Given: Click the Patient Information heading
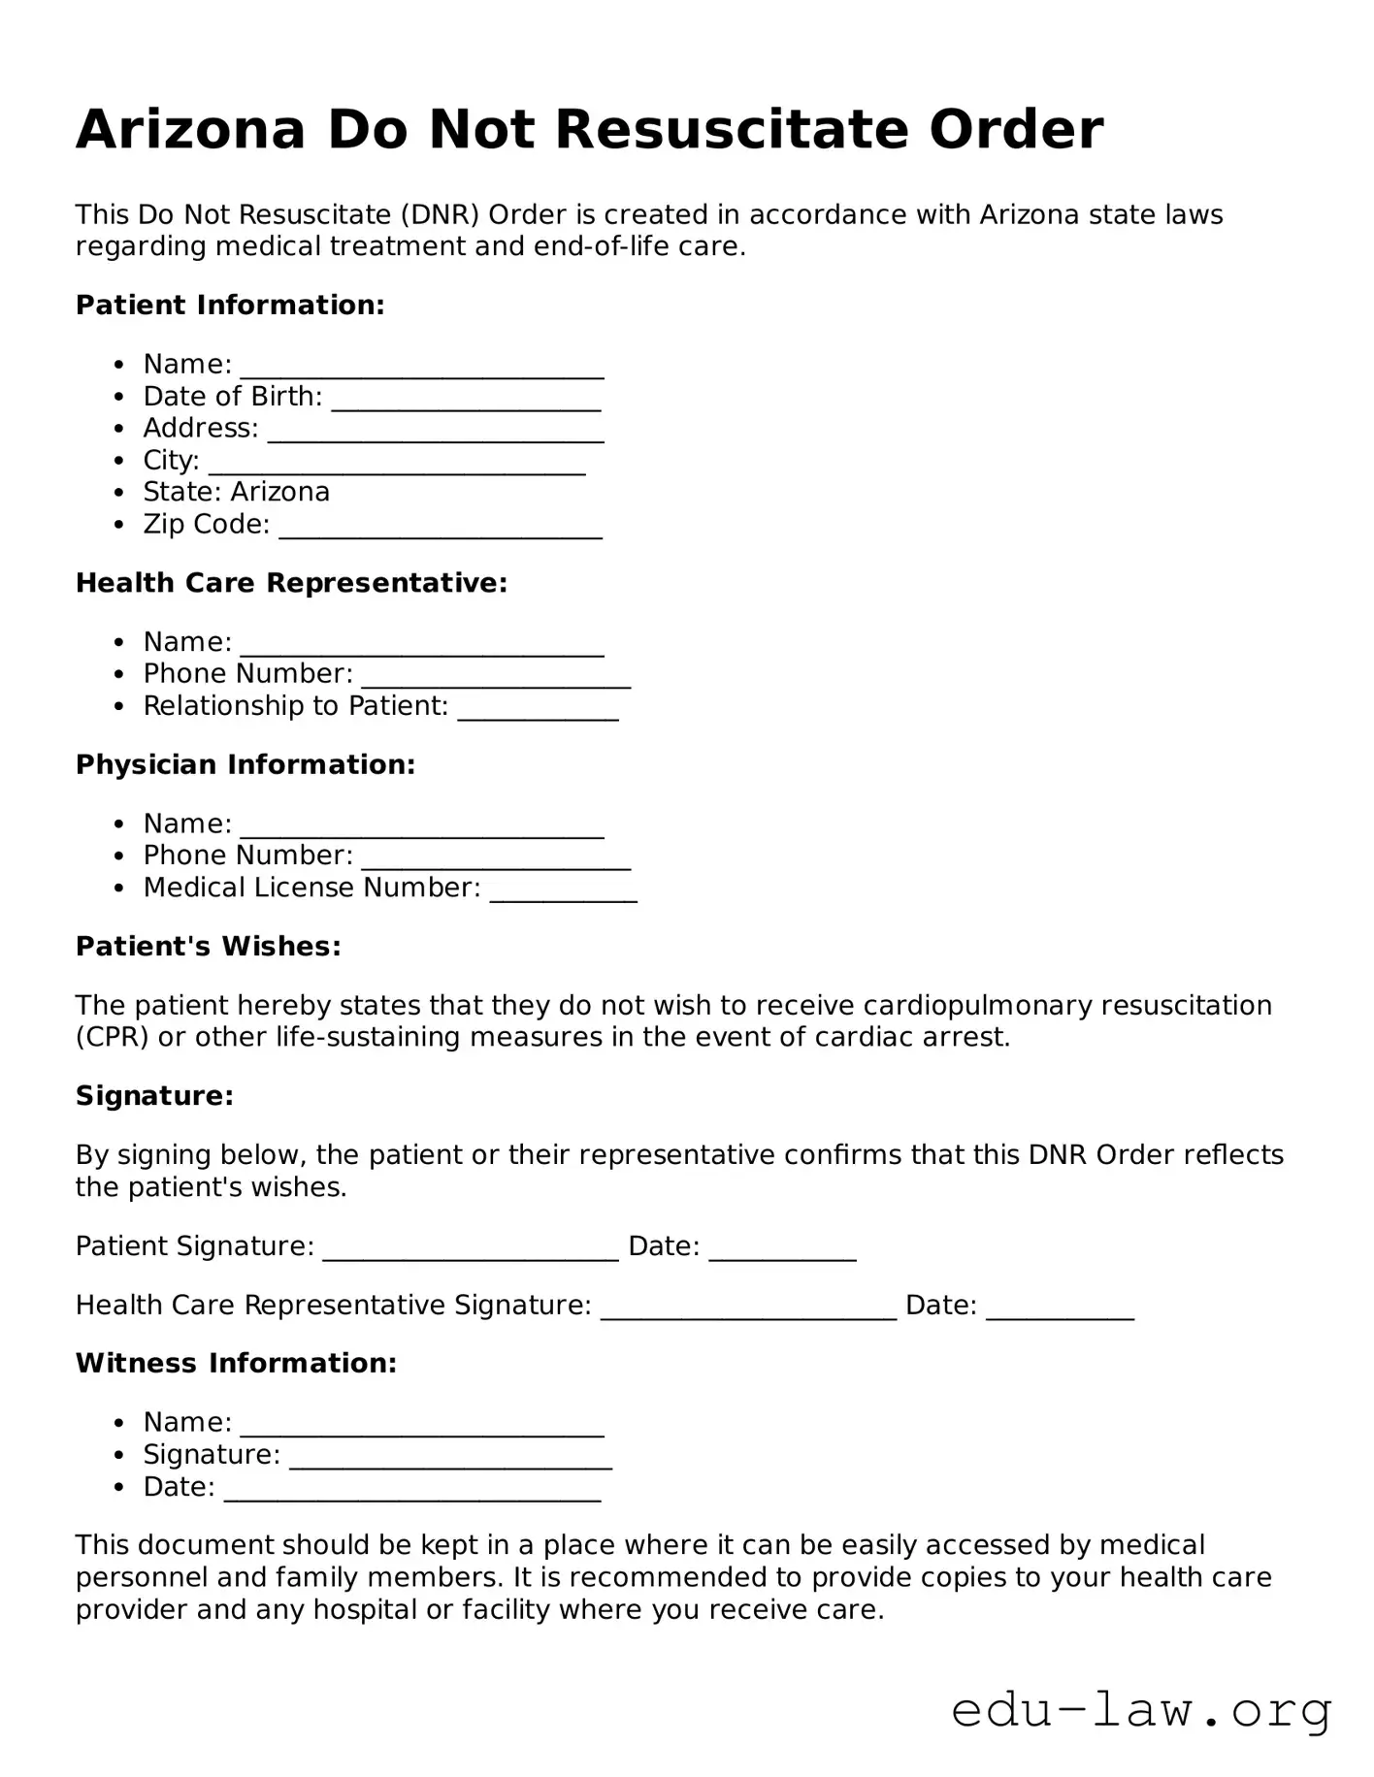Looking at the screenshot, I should [x=230, y=306].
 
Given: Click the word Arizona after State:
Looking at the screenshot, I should [x=280, y=492].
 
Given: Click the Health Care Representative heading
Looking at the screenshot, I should [x=291, y=583].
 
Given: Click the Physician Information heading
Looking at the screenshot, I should [x=245, y=764].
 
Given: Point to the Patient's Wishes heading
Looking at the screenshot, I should [x=209, y=946].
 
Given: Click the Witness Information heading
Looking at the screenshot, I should [x=236, y=1363].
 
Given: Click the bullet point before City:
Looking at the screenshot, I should [x=119, y=461].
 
